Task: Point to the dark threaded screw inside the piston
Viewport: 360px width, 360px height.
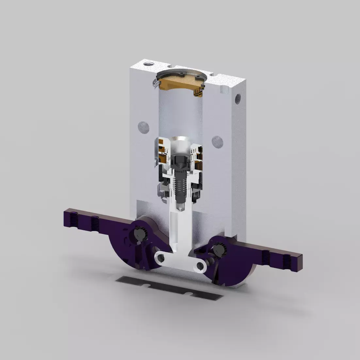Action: (180, 183)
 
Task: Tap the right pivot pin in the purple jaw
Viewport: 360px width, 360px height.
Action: (219, 250)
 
